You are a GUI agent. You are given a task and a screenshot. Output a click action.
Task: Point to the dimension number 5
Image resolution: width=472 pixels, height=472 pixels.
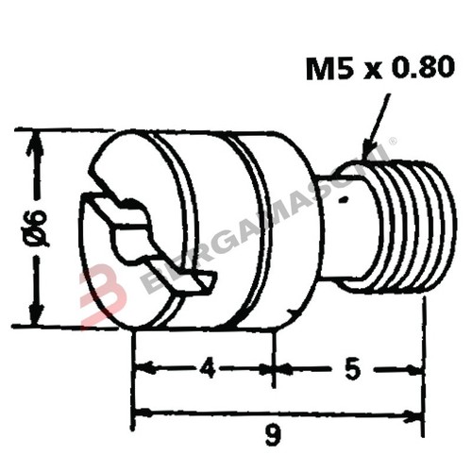(351, 369)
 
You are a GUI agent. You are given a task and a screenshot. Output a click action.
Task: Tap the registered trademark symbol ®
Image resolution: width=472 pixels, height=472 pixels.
(394, 143)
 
